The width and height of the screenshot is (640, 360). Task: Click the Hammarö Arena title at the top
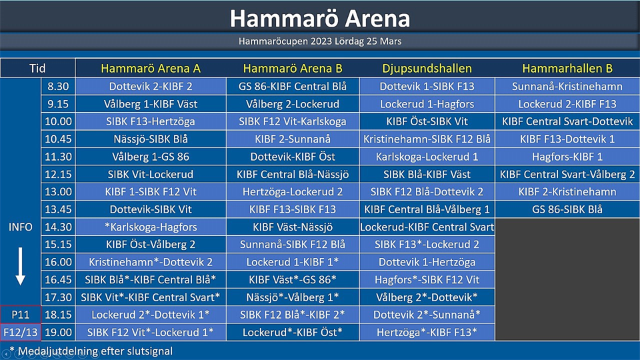tap(320, 19)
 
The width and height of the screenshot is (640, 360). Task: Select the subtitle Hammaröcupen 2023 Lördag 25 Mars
tap(320, 41)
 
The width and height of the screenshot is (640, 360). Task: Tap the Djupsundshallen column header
tap(427, 68)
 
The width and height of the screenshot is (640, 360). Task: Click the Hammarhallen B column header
tap(567, 68)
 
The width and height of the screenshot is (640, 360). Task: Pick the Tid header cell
tap(37, 68)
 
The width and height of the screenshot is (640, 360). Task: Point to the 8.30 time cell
tap(58, 86)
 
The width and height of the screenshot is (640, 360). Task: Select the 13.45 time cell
tap(58, 209)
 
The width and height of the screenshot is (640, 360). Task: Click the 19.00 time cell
tap(58, 332)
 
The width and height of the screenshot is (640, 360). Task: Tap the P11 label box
tap(21, 315)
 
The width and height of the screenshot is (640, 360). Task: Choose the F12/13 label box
tap(21, 332)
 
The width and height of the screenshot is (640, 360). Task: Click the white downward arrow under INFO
tap(21, 266)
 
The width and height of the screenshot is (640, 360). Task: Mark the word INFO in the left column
tap(21, 227)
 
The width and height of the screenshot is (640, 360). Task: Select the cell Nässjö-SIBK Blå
tap(151, 139)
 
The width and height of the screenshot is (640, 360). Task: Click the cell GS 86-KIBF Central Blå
tap(293, 86)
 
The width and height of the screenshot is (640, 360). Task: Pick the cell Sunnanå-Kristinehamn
tap(567, 86)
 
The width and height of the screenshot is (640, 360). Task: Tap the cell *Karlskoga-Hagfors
tap(151, 227)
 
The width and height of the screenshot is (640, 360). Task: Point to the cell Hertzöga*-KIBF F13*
tap(427, 332)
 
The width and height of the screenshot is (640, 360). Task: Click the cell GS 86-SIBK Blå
tap(567, 209)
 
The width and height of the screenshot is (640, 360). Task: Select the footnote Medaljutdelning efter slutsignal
tap(95, 351)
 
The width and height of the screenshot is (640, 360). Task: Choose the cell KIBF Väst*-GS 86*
tap(293, 279)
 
